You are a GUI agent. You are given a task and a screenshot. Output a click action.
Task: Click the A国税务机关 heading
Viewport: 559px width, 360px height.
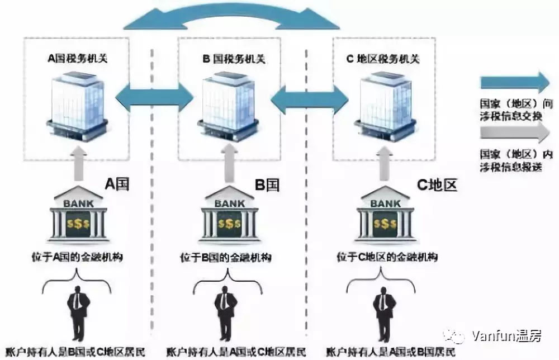point(76,58)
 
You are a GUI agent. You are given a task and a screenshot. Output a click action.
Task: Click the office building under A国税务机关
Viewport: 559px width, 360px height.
point(76,106)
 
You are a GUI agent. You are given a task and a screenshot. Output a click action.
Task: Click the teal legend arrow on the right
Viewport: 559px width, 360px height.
point(515,83)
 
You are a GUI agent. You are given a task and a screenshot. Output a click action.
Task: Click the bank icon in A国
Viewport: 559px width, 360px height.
point(78,215)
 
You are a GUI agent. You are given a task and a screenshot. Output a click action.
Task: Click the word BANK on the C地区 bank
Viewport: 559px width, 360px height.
point(385,204)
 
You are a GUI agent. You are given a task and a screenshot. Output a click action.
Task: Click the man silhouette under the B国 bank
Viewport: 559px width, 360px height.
point(225,313)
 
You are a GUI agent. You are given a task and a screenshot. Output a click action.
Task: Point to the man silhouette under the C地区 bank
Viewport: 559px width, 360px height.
point(384,313)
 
